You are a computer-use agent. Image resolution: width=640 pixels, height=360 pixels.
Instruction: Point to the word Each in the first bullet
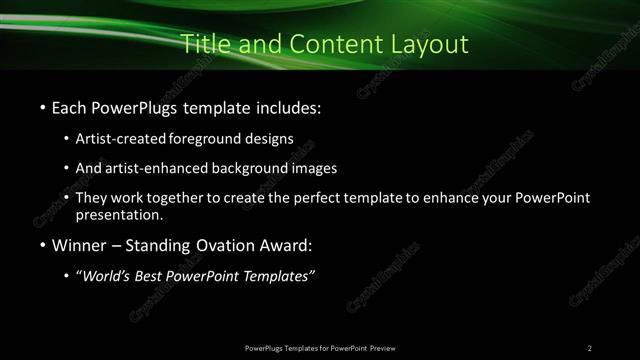[x=70, y=105]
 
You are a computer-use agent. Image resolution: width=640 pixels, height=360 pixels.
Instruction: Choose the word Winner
[x=79, y=245]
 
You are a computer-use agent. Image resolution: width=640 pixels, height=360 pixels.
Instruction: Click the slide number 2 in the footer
[x=590, y=347]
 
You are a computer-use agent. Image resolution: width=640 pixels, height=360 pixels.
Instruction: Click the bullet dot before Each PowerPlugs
[x=41, y=106]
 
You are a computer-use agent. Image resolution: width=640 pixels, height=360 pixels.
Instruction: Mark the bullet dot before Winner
[x=41, y=246]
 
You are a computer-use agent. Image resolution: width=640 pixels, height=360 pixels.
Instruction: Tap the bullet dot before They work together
[x=67, y=198]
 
